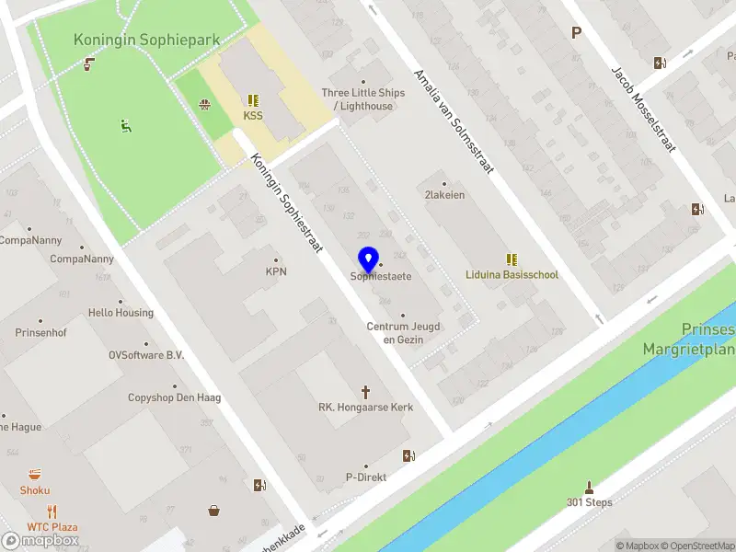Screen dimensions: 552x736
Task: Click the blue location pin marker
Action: click(x=369, y=259)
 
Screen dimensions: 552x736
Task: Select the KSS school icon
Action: click(x=253, y=100)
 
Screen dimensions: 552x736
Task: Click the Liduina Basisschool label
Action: click(x=512, y=275)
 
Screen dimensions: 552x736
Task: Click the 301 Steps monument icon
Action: click(x=589, y=487)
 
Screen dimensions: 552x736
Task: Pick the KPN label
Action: click(x=276, y=271)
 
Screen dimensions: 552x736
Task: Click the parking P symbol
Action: click(x=577, y=33)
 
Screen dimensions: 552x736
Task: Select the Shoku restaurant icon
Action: click(x=35, y=475)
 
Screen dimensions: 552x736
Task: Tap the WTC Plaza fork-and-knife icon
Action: click(x=52, y=512)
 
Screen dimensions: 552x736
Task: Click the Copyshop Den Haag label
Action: click(x=174, y=397)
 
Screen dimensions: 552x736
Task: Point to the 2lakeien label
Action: click(x=444, y=195)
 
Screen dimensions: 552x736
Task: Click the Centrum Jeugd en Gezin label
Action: click(x=403, y=333)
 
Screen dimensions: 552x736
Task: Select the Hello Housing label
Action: click(x=121, y=313)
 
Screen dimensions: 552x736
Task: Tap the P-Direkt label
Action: click(x=365, y=477)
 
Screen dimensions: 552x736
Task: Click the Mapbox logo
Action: click(x=40, y=541)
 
